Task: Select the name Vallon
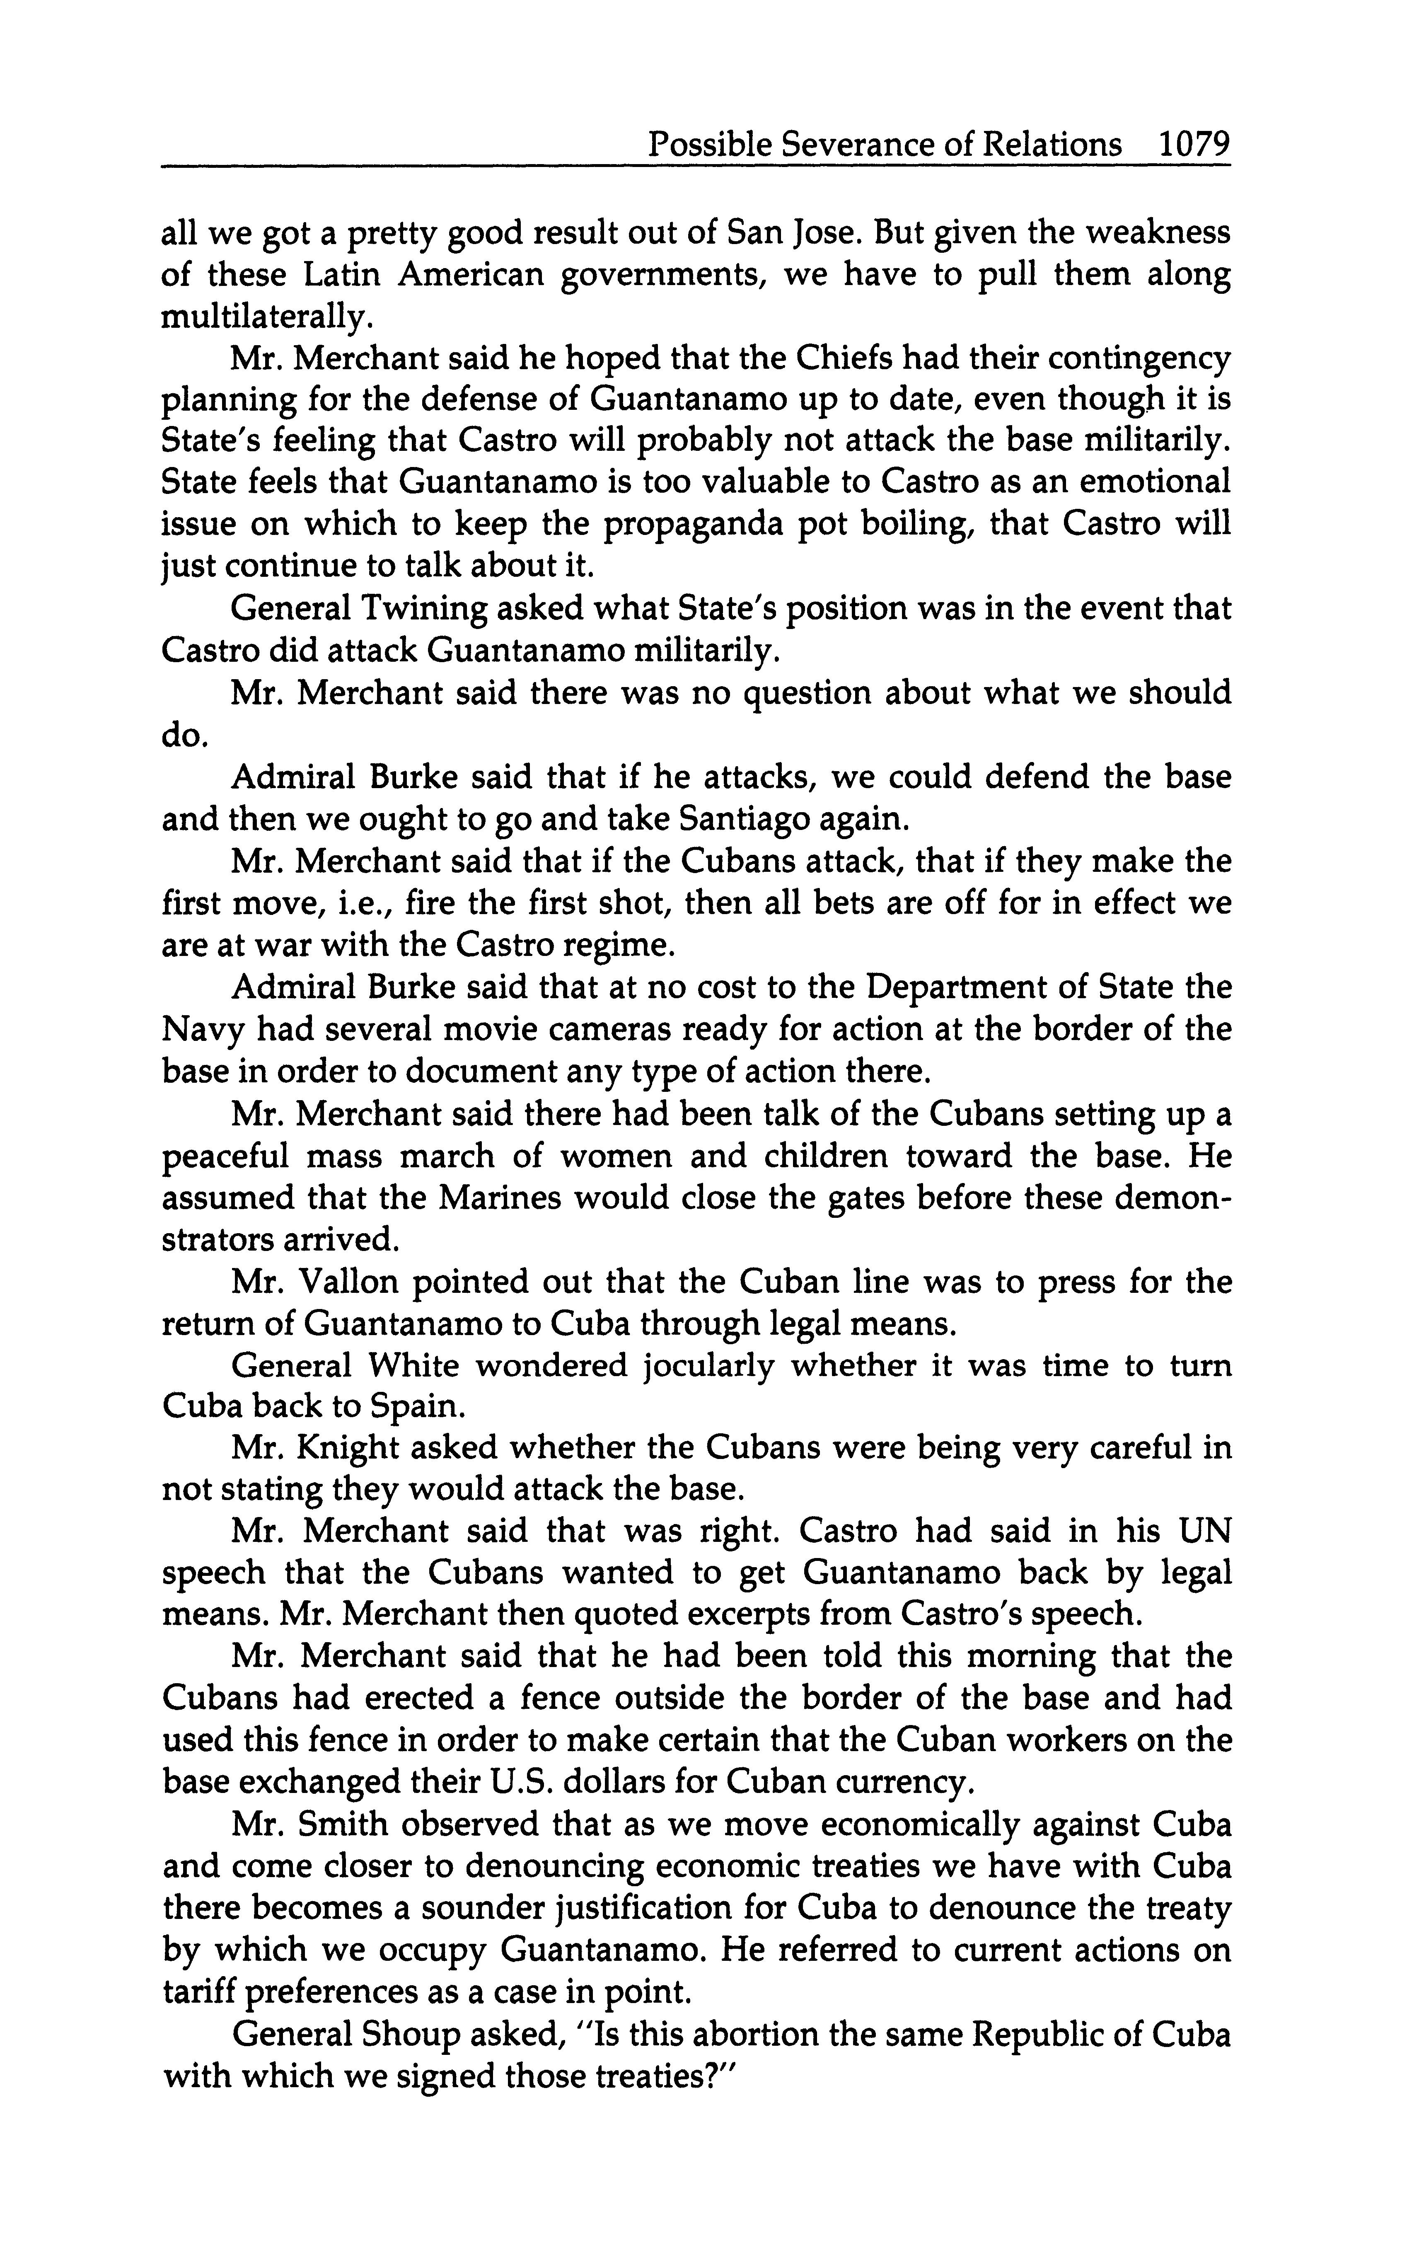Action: pos(353,1282)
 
